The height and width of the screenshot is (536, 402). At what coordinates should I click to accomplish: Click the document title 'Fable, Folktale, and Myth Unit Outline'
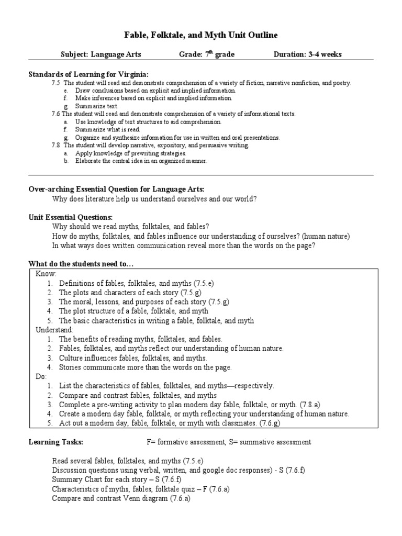[x=200, y=35]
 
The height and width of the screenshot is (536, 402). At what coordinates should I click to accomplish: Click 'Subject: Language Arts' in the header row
[x=100, y=54]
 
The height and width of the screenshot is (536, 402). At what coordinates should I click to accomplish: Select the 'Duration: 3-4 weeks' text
[x=308, y=54]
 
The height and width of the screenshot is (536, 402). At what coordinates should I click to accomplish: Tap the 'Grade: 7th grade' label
[x=206, y=54]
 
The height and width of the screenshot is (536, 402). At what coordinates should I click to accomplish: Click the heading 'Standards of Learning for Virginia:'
[x=84, y=74]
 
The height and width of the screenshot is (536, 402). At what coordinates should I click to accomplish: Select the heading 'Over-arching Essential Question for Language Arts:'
[x=116, y=188]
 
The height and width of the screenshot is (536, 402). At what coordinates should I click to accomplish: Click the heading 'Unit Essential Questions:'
[x=70, y=217]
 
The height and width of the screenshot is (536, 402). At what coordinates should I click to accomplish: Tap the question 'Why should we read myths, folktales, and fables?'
[x=130, y=227]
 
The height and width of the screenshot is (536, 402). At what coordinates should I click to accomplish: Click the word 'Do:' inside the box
[x=41, y=376]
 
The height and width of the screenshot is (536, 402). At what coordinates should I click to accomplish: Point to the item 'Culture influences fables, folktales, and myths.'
[x=133, y=358]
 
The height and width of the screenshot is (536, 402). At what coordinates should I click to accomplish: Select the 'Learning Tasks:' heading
[x=55, y=442]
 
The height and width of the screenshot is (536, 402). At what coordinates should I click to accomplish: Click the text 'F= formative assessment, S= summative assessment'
[x=229, y=442]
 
